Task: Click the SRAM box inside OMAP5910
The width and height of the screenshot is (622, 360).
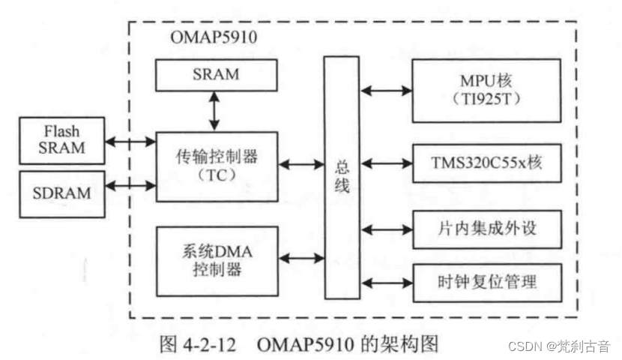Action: click(215, 74)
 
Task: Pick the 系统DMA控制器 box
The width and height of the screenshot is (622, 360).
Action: click(215, 260)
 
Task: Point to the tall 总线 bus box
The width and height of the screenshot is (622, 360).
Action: click(342, 177)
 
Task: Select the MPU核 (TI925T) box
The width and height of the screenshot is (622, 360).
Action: click(486, 90)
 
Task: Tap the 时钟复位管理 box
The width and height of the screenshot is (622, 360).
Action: click(486, 282)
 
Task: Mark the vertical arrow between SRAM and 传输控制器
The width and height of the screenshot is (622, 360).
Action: click(215, 112)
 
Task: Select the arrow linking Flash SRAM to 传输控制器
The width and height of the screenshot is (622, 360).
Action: click(130, 141)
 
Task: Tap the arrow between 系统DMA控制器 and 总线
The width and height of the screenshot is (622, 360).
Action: click(300, 259)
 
